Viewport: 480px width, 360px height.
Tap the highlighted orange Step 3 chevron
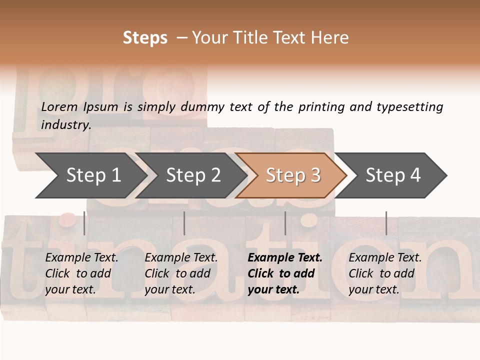pyautogui.click(x=293, y=175)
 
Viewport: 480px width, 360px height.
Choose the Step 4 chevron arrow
pyautogui.click(x=393, y=175)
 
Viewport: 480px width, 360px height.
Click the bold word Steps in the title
pyautogui.click(x=145, y=38)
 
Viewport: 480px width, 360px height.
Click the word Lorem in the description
pyautogui.click(x=59, y=106)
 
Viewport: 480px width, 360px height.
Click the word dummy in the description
pyautogui.click(x=202, y=106)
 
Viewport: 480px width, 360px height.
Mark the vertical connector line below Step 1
pyautogui.click(x=84, y=223)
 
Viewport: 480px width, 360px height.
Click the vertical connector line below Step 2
pyautogui.click(x=184, y=223)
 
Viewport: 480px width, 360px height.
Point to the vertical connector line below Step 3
pyautogui.click(x=285, y=223)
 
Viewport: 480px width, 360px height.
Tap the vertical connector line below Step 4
pyautogui.click(x=386, y=223)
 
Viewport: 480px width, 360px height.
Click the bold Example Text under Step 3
pyautogui.click(x=285, y=258)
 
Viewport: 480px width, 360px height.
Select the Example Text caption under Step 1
pyautogui.click(x=81, y=258)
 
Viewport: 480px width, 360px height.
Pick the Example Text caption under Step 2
pyautogui.click(x=181, y=258)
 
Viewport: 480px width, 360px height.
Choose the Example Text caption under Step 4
pyautogui.click(x=385, y=258)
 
